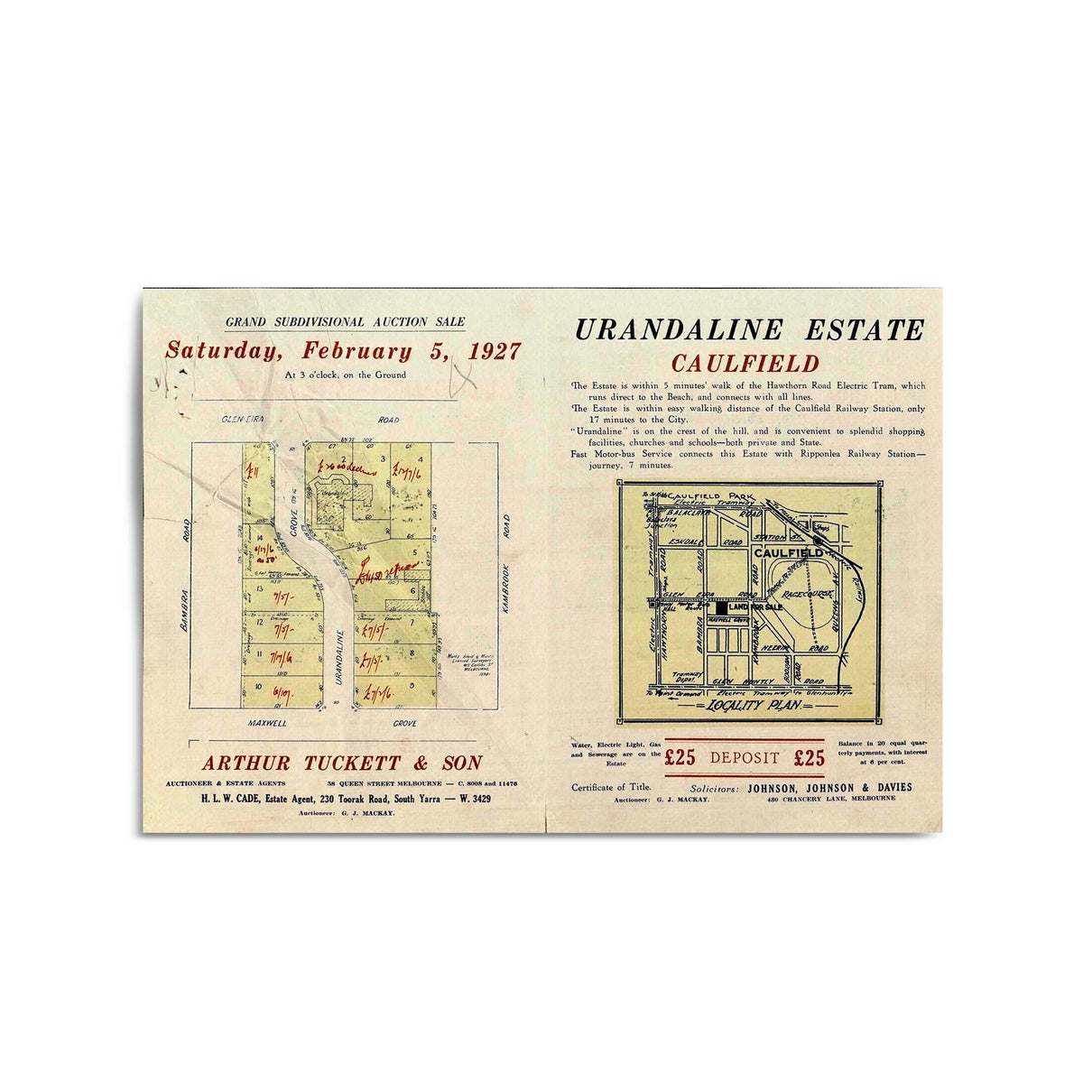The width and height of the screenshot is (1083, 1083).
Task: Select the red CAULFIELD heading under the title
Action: click(745, 364)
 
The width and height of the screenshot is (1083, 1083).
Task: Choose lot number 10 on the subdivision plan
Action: click(259, 688)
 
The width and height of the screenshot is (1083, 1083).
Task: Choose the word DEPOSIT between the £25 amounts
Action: click(745, 758)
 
